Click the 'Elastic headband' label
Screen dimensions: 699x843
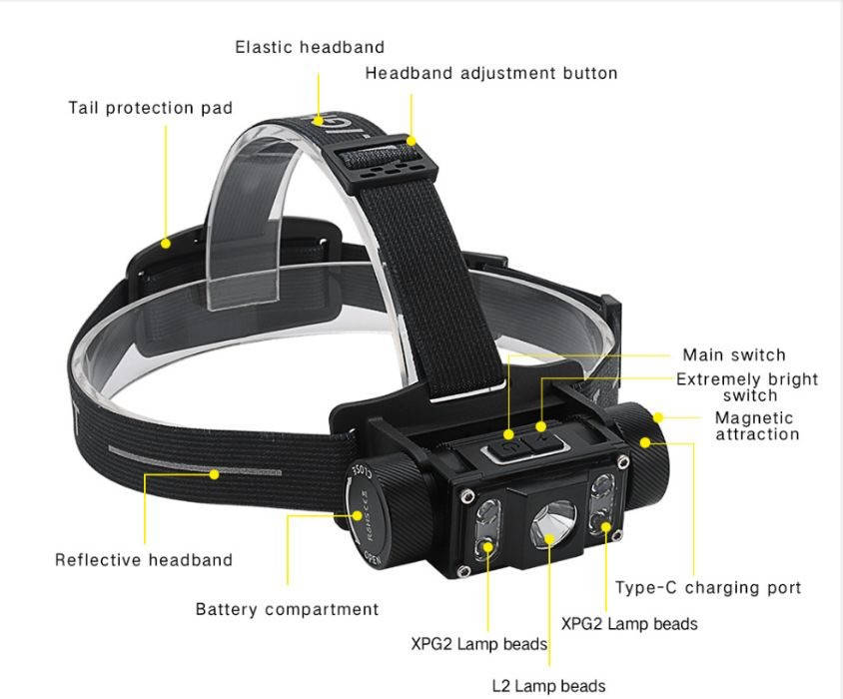pos(310,47)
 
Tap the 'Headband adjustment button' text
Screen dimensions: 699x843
pos(490,73)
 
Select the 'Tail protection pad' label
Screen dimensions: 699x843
pos(150,108)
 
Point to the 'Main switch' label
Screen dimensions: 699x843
pos(734,354)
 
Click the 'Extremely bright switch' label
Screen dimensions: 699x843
pos(747,386)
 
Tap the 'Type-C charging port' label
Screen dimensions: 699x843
pos(708,588)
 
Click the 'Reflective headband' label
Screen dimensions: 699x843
pos(144,560)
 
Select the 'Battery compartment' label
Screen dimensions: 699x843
pos(287,609)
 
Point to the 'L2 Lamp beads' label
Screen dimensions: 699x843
pos(548,686)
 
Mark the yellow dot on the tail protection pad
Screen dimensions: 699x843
pos(167,242)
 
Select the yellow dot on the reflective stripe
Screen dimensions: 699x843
pos(214,474)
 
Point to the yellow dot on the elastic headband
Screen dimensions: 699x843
pos(320,120)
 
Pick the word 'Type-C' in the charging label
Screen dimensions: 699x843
pos(642,588)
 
